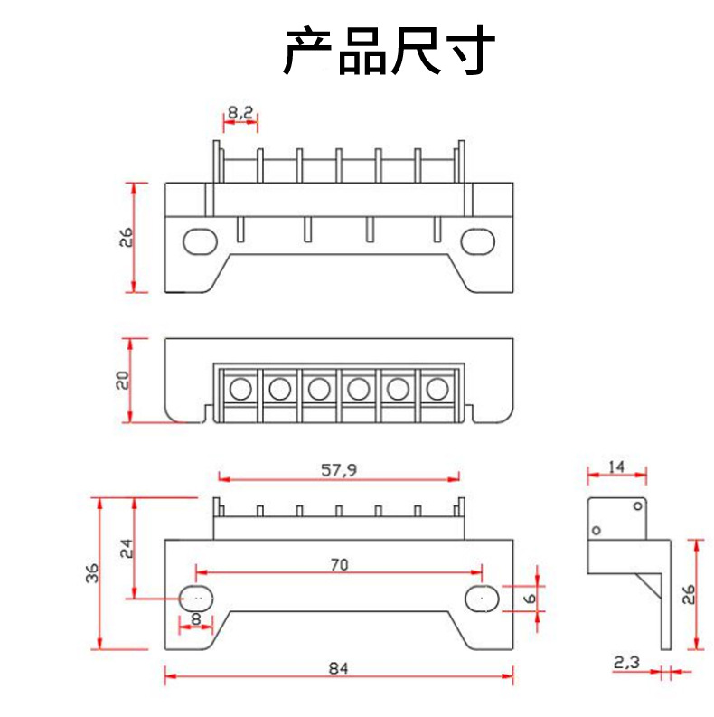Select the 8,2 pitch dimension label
click(240, 114)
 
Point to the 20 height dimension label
click(125, 380)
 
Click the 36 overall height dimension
click(91, 573)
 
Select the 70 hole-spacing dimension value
click(338, 565)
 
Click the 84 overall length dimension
click(338, 669)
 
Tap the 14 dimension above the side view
click(616, 467)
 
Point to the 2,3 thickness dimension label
click(625, 663)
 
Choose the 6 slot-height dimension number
click(530, 598)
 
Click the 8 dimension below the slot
click(196, 620)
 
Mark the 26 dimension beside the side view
click(688, 594)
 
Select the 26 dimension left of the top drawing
click(126, 237)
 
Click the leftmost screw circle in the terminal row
click(240, 390)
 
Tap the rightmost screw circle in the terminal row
click(437, 390)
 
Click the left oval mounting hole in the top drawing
click(200, 241)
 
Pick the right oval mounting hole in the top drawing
click(476, 241)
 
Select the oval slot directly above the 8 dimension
click(196, 597)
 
